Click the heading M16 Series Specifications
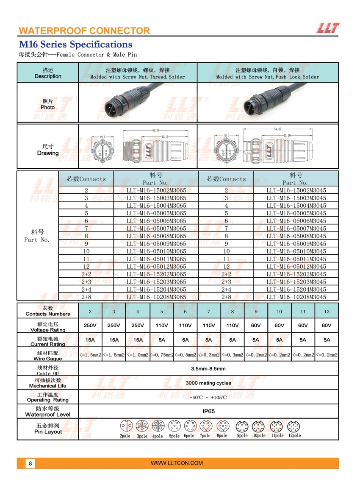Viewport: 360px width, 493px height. (x=75, y=45)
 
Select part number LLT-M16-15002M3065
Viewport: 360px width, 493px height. (x=156, y=190)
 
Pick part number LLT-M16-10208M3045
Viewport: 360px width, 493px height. (x=296, y=297)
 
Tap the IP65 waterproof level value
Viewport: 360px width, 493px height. (x=208, y=411)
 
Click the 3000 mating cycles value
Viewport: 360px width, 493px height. (x=208, y=383)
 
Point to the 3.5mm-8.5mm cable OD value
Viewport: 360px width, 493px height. (x=208, y=368)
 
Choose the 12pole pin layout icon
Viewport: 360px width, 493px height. (x=294, y=426)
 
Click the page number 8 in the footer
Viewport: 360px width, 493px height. (x=30, y=463)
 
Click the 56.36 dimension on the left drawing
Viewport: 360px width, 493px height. (x=155, y=131)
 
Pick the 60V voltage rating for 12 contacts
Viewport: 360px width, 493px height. (x=327, y=326)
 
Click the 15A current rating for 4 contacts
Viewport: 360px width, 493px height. (x=138, y=340)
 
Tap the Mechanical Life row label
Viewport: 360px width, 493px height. (x=47, y=383)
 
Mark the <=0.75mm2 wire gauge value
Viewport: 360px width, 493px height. (x=162, y=354)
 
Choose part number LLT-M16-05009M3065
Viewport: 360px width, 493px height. (x=156, y=244)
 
